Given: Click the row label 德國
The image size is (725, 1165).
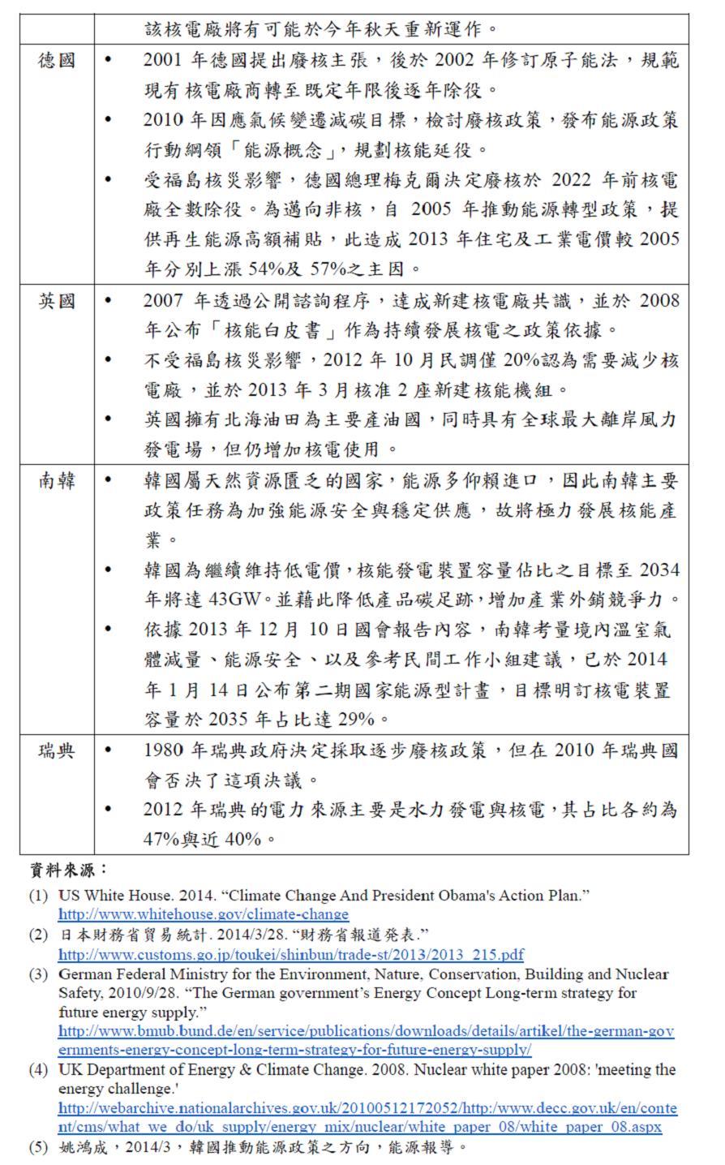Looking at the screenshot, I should coord(57,60).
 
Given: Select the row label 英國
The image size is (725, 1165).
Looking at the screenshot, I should coord(57,301).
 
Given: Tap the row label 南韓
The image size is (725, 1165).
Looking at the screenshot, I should coord(57,480).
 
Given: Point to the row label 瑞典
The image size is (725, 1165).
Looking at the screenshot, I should coord(57,750).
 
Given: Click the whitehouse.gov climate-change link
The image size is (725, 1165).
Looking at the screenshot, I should coord(204,914).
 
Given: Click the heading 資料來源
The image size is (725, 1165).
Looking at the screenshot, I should coord(69,871).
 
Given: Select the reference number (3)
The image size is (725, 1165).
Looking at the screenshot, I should coord(39,974).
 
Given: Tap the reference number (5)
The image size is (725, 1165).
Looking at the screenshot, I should coord(39,1147).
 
